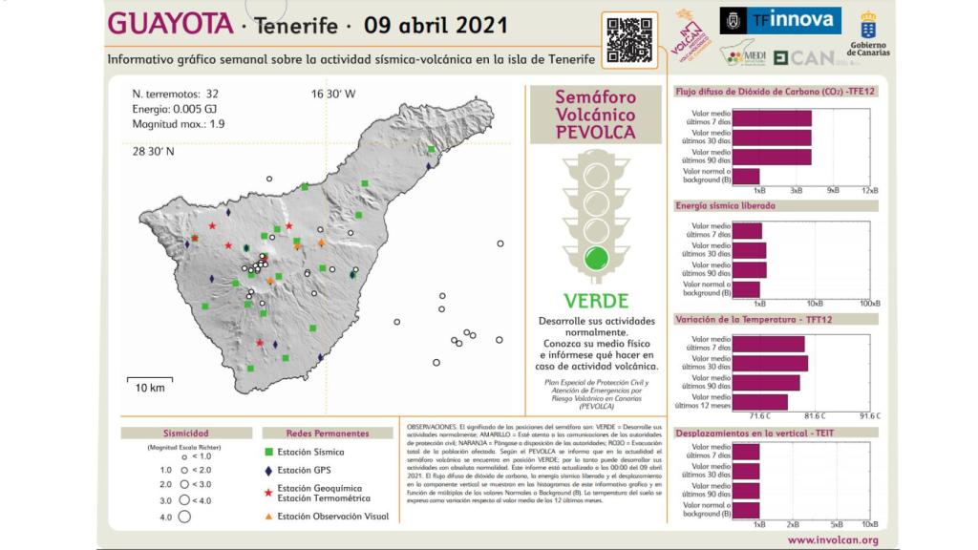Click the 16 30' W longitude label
[332, 95]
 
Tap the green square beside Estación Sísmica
[270, 452]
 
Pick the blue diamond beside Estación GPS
[270, 471]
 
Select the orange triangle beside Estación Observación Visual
[270, 516]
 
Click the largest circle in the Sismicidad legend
[185, 517]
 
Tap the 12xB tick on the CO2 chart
[869, 191]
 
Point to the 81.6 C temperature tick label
[815, 416]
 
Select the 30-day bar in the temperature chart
[772, 364]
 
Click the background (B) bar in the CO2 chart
[748, 176]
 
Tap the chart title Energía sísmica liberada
[725, 205]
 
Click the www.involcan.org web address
[833, 539]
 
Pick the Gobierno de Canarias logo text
[869, 50]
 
